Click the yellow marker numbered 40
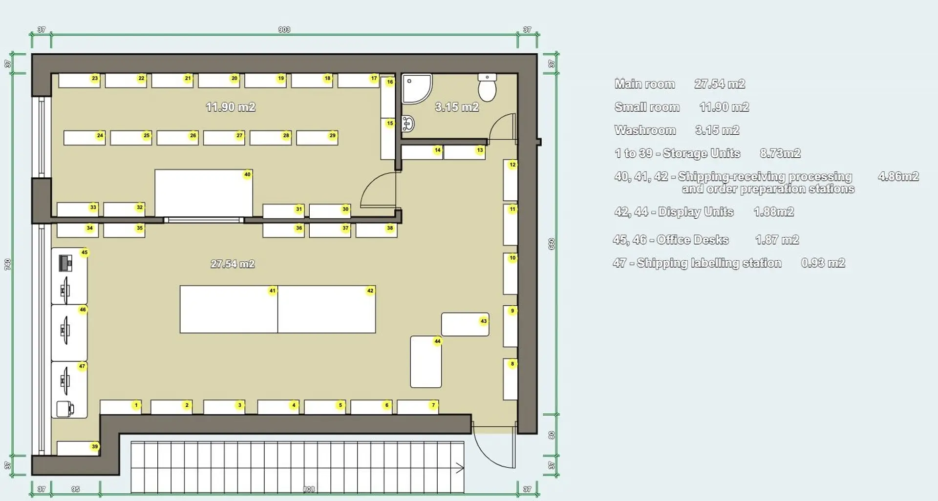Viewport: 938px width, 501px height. [x=247, y=174]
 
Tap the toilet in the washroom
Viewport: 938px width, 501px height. [x=487, y=88]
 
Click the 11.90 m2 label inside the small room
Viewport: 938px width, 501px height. [x=231, y=107]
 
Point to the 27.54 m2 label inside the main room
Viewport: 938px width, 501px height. [x=233, y=264]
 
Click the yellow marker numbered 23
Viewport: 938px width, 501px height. [x=95, y=78]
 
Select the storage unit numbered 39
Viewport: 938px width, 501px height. [x=77, y=448]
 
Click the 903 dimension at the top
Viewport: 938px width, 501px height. [x=284, y=30]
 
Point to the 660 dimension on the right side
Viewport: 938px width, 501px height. [x=552, y=244]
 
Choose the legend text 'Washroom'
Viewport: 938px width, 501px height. [x=645, y=130]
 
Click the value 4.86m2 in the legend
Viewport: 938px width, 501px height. [x=898, y=176]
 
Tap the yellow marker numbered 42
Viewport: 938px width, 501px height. [x=370, y=291]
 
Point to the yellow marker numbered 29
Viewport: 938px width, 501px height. [x=333, y=136]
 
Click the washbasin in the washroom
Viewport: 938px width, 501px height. [x=408, y=124]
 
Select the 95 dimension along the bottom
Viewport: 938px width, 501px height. [x=75, y=489]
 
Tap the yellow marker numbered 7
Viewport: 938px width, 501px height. [x=433, y=405]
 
